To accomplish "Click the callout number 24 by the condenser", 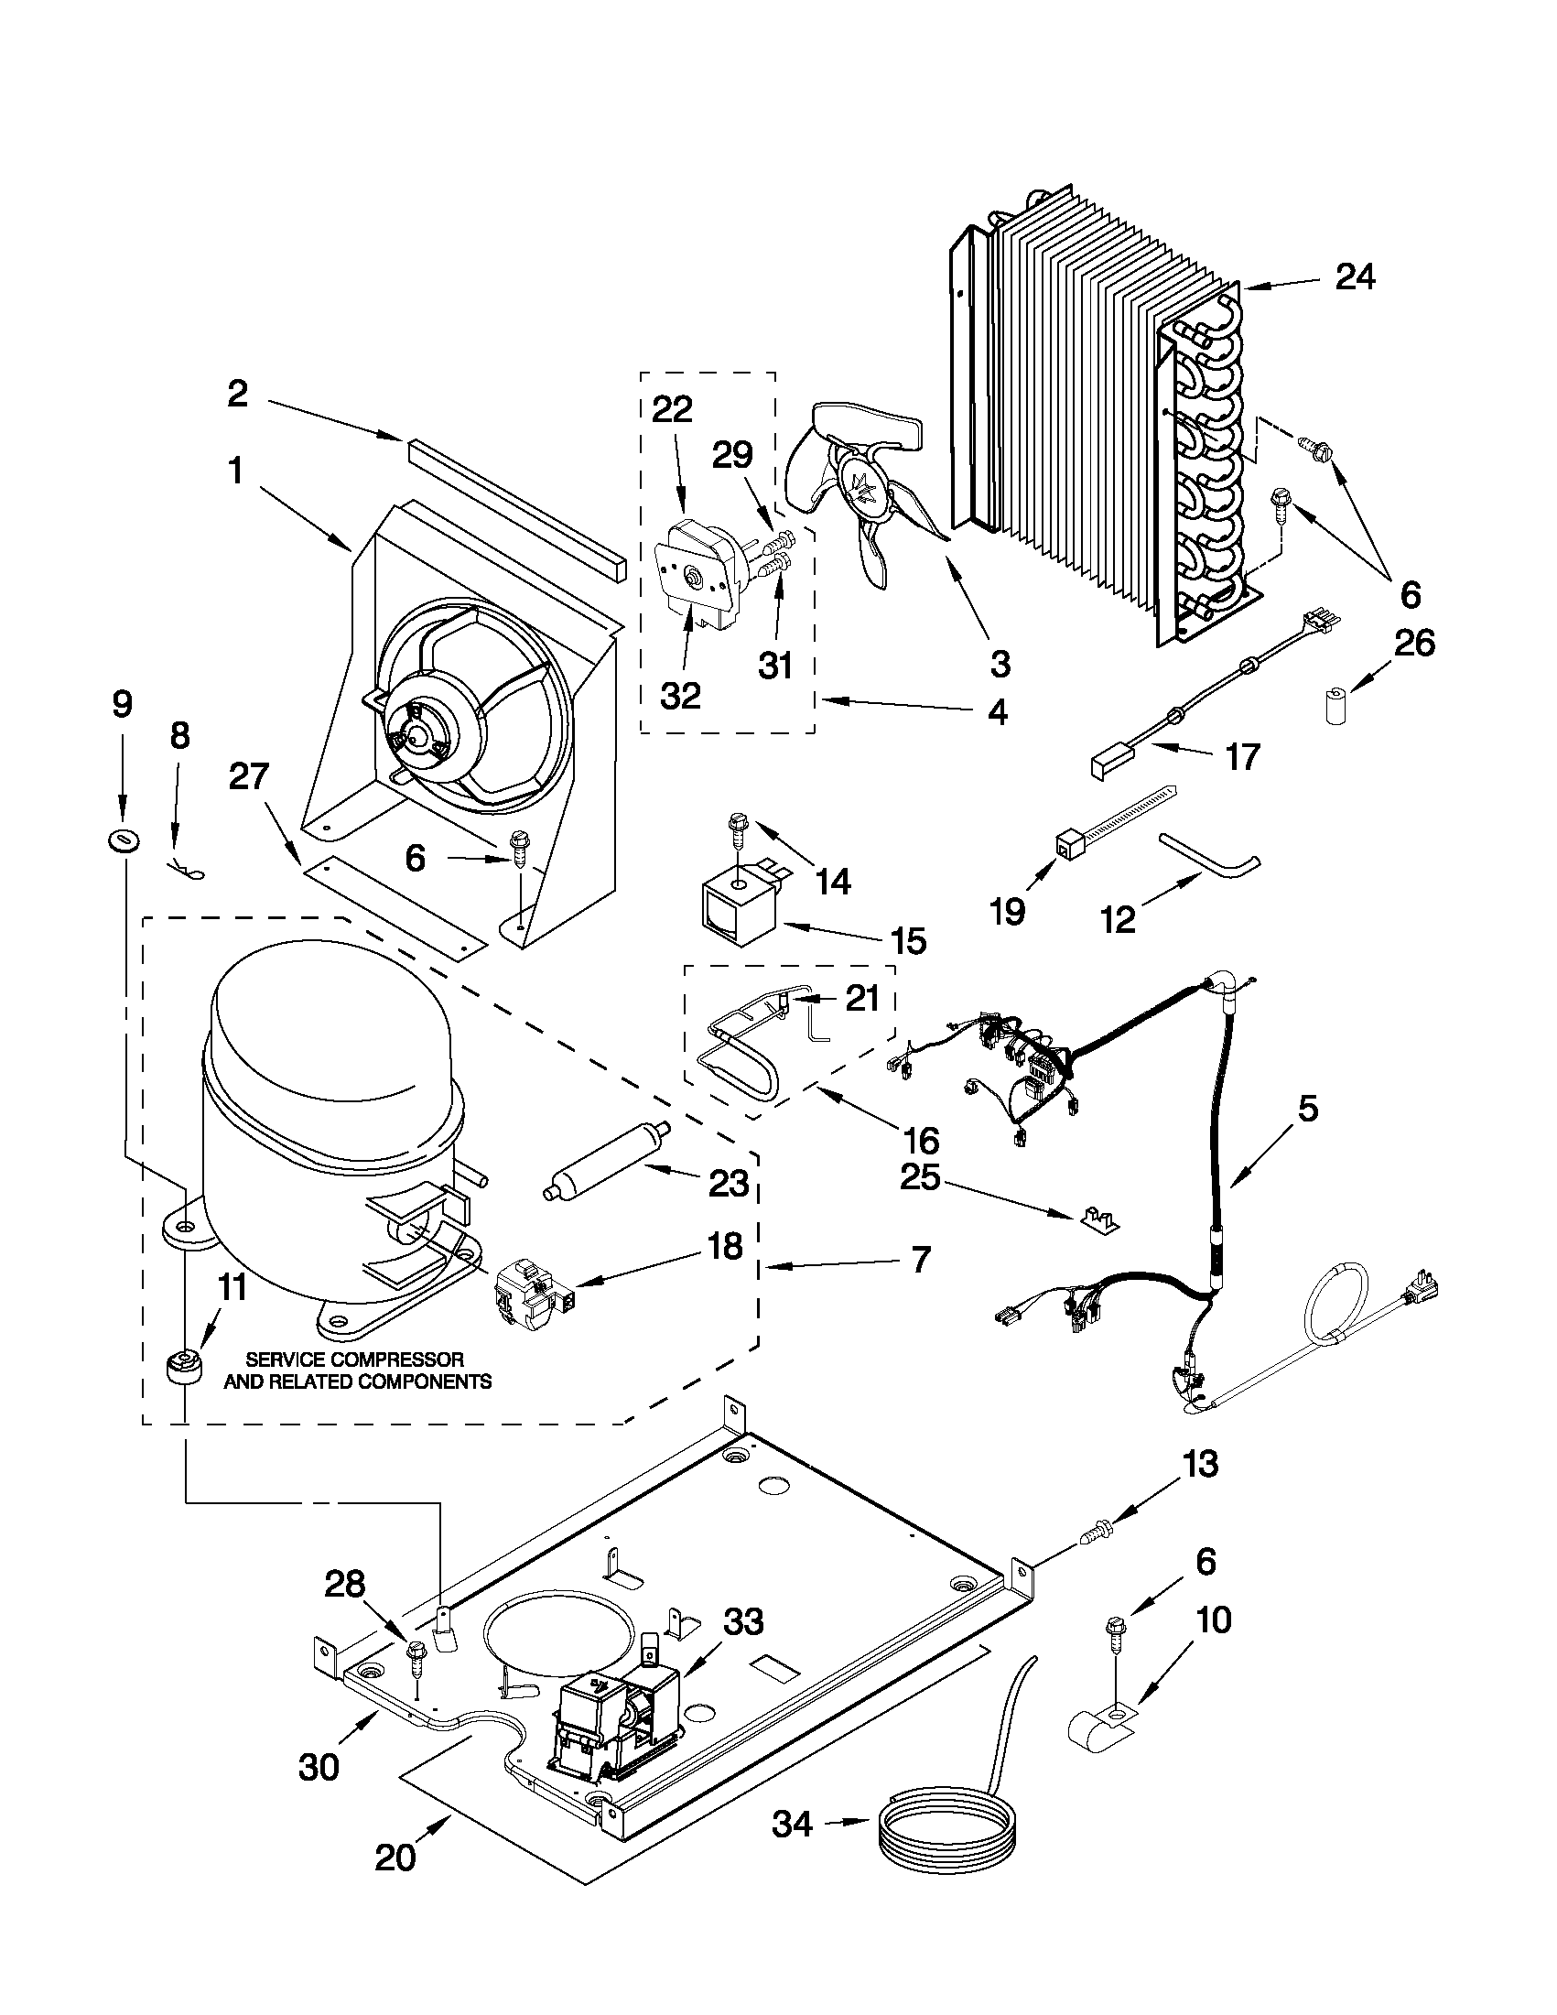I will [1353, 276].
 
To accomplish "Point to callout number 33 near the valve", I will [743, 1621].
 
